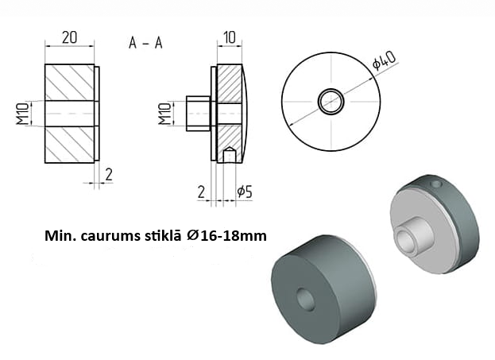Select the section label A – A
click(145, 43)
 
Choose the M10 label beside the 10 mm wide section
click(164, 114)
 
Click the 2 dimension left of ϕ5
click(202, 190)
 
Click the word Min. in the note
click(60, 236)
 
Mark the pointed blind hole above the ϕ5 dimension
click(229, 153)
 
